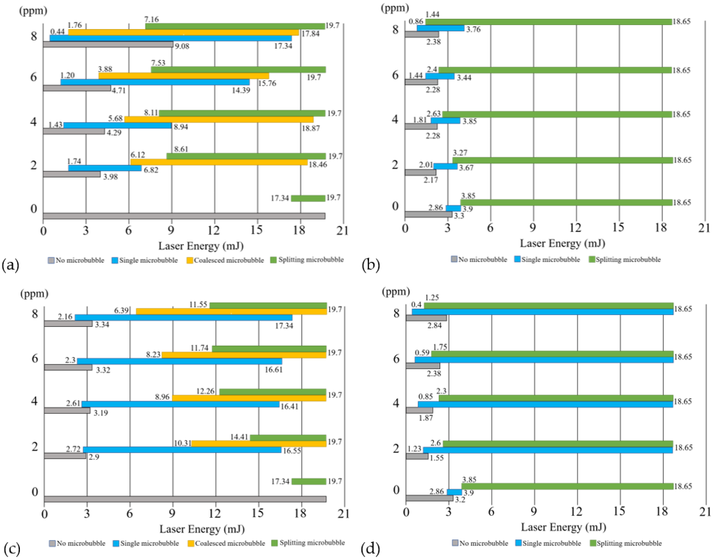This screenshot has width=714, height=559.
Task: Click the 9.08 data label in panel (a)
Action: tap(182, 46)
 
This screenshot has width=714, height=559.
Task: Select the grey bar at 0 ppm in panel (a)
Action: tap(184, 216)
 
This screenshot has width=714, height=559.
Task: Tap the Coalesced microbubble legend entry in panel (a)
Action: tap(225, 260)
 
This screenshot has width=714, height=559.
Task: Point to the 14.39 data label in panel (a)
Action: tap(241, 90)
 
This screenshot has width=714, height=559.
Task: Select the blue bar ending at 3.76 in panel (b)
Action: tap(440, 28)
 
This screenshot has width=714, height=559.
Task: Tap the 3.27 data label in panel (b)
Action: tap(460, 153)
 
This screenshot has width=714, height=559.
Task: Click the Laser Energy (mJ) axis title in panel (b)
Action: tap(562, 243)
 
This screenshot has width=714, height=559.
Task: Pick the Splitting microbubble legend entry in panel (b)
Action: tap(625, 260)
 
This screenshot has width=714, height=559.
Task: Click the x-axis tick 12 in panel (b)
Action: tap(576, 228)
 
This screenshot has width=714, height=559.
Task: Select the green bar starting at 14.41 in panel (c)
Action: tap(288, 437)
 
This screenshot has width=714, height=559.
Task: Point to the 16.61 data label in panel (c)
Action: tap(273, 370)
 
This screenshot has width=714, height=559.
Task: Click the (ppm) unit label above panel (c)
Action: tap(34, 294)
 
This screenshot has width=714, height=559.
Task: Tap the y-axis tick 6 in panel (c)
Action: tap(35, 358)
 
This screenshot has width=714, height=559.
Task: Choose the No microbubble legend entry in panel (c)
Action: tap(77, 543)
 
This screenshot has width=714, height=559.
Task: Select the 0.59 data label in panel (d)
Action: tap(422, 353)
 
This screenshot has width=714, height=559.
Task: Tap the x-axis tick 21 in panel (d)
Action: tap(705, 512)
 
